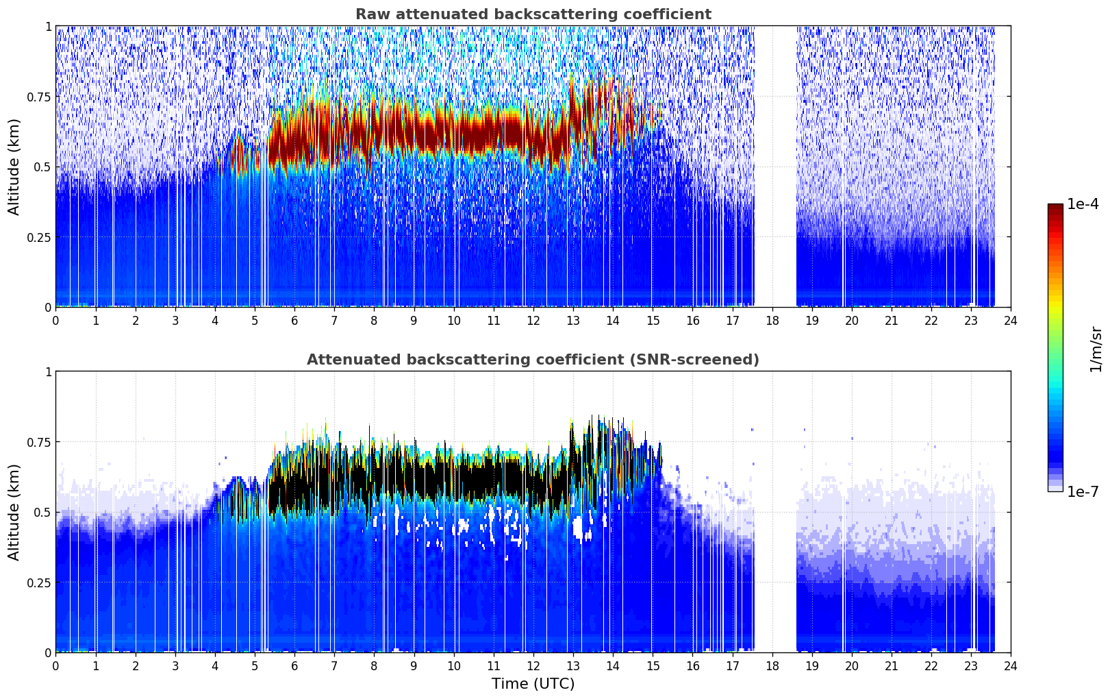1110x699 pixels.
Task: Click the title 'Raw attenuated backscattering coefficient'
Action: [x=533, y=14]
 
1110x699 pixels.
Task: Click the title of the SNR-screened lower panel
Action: [x=533, y=359]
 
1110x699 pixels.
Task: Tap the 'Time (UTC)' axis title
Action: [x=533, y=684]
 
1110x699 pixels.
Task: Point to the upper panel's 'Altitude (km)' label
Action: [x=14, y=167]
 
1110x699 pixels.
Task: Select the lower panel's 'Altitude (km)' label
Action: [x=14, y=512]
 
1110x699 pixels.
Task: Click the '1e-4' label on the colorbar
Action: [x=1083, y=204]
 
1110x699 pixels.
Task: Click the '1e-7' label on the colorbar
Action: [x=1083, y=492]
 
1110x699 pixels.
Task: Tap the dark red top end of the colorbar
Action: [x=1055, y=206]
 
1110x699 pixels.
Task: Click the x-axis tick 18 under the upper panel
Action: [x=772, y=321]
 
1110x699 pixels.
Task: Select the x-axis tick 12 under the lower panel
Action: [x=533, y=666]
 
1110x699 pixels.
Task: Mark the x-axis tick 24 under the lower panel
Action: [x=1011, y=666]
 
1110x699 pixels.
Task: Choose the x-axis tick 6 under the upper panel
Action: [x=294, y=321]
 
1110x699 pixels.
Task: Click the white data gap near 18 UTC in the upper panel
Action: [x=776, y=166]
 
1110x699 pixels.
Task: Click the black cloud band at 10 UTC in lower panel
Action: [x=454, y=481]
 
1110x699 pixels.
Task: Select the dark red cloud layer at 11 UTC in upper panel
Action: [x=494, y=134]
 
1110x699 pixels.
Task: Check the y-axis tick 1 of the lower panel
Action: [x=49, y=371]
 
